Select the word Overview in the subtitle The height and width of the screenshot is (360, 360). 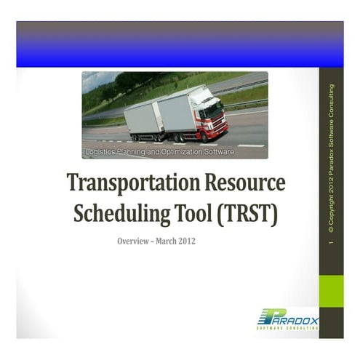[x=134, y=241]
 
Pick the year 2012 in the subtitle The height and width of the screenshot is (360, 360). [x=188, y=241]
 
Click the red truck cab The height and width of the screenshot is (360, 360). [x=213, y=116]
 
